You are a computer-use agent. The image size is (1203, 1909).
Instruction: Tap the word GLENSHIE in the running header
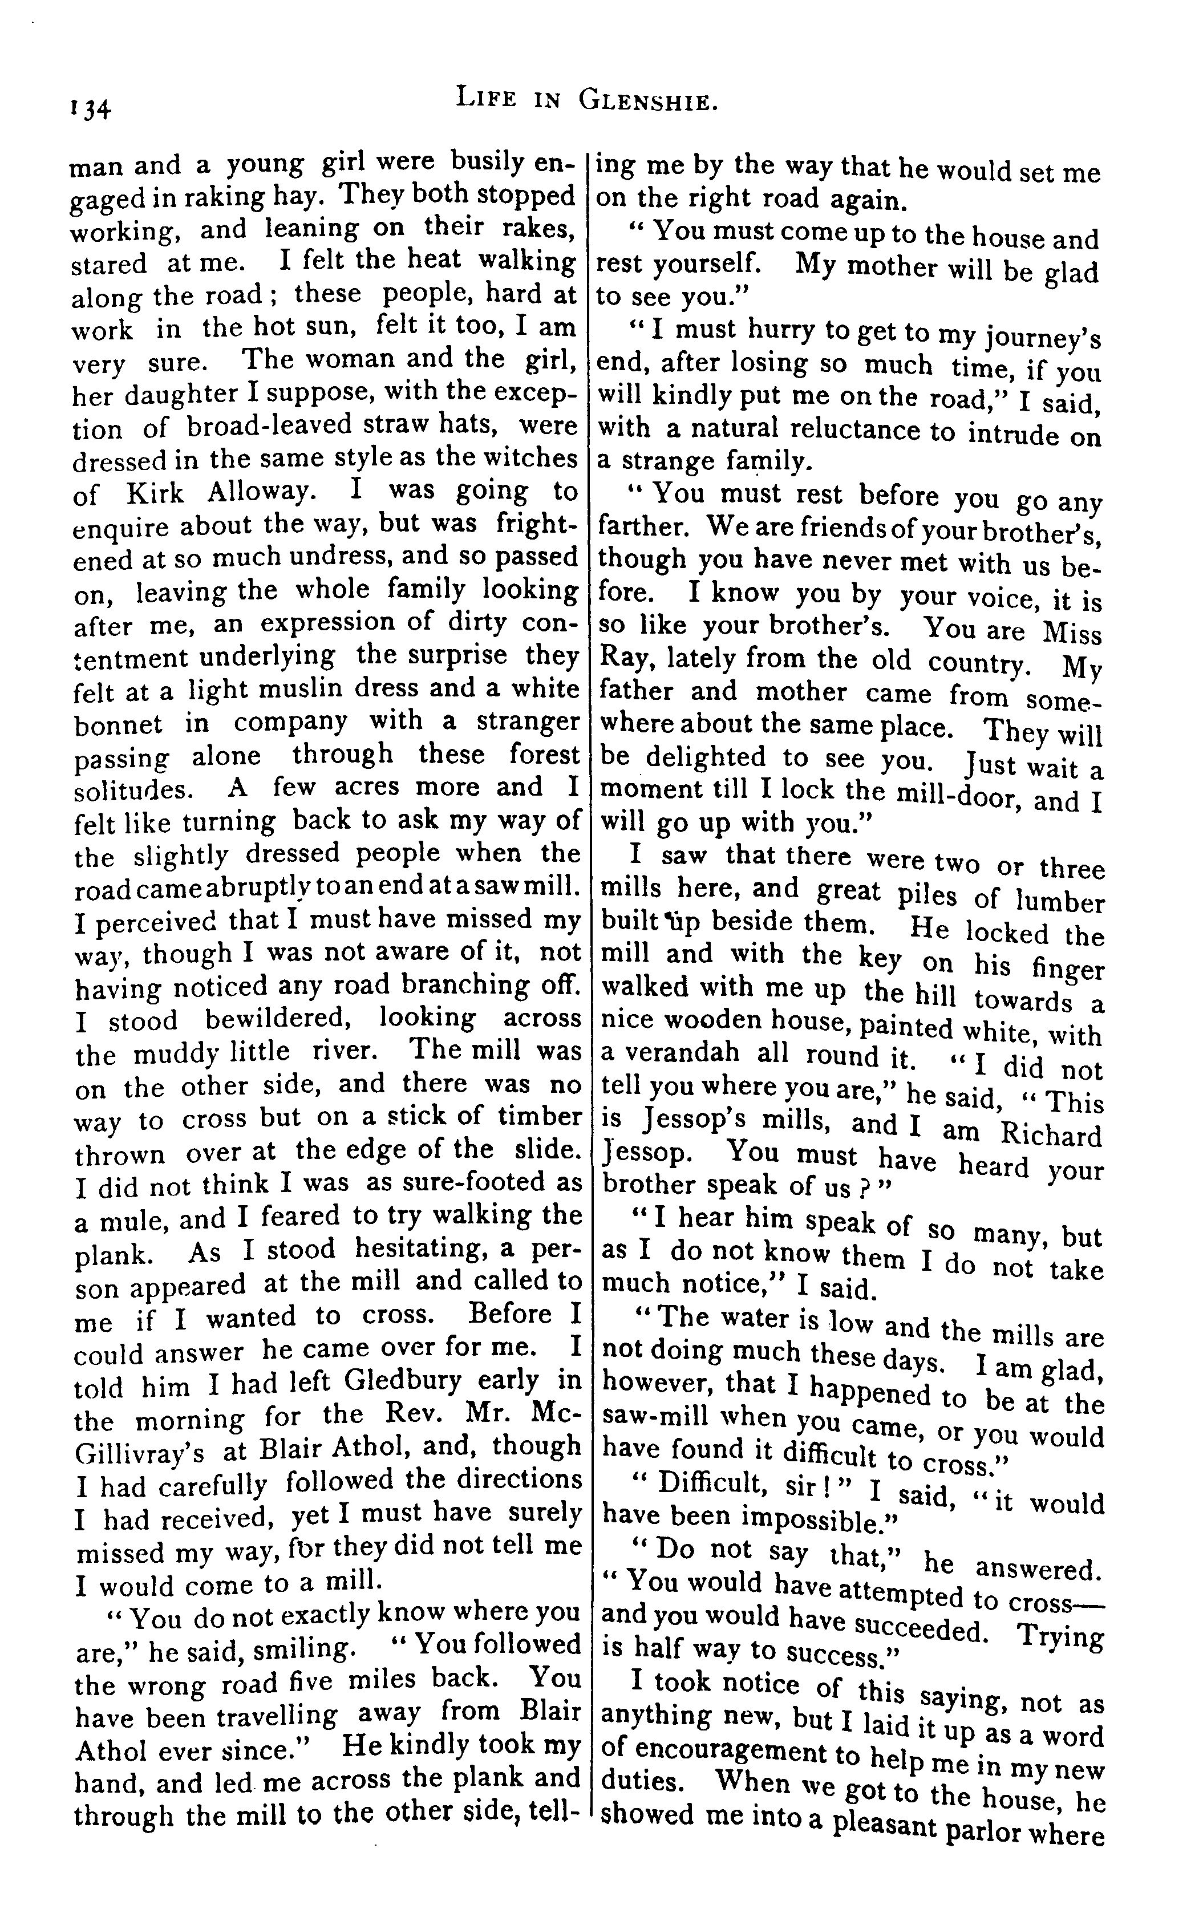coord(648,101)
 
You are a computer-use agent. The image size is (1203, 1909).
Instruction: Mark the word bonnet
coord(118,724)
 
